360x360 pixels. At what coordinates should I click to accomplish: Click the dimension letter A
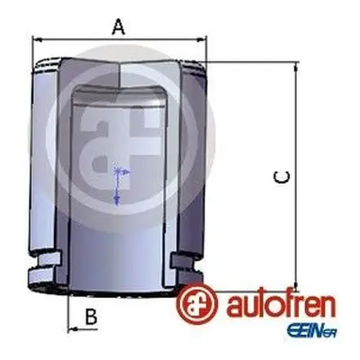pyautogui.click(x=119, y=26)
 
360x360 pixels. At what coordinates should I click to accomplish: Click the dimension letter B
pyautogui.click(x=91, y=316)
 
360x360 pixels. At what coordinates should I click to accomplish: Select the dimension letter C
pyautogui.click(x=282, y=177)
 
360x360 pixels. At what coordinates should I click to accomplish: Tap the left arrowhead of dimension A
pyautogui.click(x=38, y=40)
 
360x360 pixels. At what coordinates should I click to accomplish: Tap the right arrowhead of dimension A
pyautogui.click(x=201, y=40)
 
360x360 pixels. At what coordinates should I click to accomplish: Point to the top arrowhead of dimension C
pyautogui.click(x=296, y=68)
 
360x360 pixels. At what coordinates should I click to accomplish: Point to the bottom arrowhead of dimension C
pyautogui.click(x=296, y=285)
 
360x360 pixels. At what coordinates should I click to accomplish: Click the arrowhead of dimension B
pyautogui.click(x=73, y=329)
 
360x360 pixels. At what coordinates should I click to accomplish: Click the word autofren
pyautogui.click(x=281, y=305)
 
